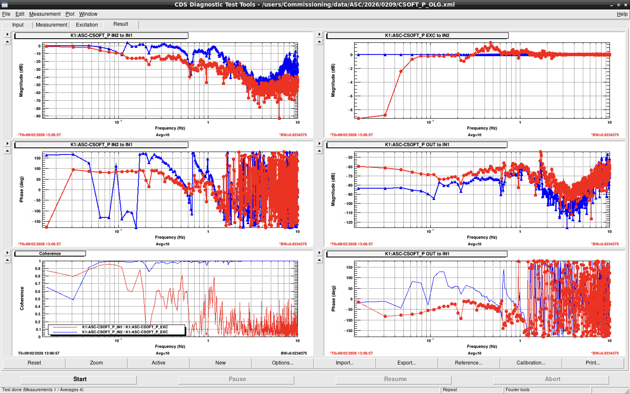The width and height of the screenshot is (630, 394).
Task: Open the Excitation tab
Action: pyautogui.click(x=87, y=25)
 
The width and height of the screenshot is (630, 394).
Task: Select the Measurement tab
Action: pyautogui.click(x=51, y=25)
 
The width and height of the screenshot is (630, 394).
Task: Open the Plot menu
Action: pyautogui.click(x=70, y=14)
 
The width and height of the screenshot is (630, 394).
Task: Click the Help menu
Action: pyautogui.click(x=622, y=14)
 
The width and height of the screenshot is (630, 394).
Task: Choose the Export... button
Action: pyautogui.click(x=407, y=363)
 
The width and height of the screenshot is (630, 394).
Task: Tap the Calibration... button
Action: pyautogui.click(x=531, y=363)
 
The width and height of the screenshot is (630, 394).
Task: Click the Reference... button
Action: pyautogui.click(x=469, y=363)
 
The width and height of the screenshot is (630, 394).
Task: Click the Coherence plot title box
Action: pyautogui.click(x=50, y=253)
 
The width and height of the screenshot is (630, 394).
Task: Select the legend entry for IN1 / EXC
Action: pyautogui.click(x=125, y=327)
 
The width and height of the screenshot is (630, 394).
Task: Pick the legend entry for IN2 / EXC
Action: pyautogui.click(x=125, y=332)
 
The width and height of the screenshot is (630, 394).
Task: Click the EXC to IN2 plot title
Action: pyautogui.click(x=417, y=35)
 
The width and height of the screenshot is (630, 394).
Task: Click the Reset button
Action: pyautogui.click(x=34, y=363)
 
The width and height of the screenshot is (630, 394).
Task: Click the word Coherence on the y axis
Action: pyautogui.click(x=22, y=299)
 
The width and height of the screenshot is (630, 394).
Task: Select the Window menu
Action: pyautogui.click(x=88, y=14)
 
